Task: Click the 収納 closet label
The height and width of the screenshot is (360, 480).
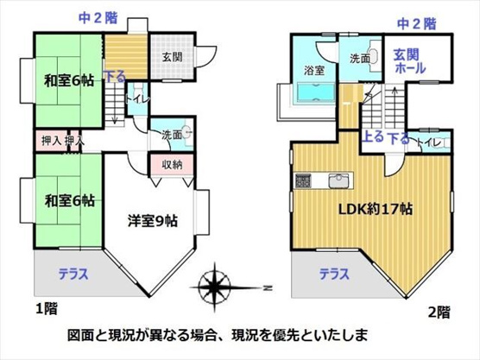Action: (x=171, y=164)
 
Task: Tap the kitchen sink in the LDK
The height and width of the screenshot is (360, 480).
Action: (x=338, y=180)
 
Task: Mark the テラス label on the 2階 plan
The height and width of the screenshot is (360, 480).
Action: (x=335, y=275)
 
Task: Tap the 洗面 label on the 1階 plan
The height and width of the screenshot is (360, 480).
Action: (x=170, y=136)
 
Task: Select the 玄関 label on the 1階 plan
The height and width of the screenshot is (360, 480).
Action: (x=170, y=57)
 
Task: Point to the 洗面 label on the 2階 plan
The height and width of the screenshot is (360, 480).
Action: (x=360, y=59)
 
